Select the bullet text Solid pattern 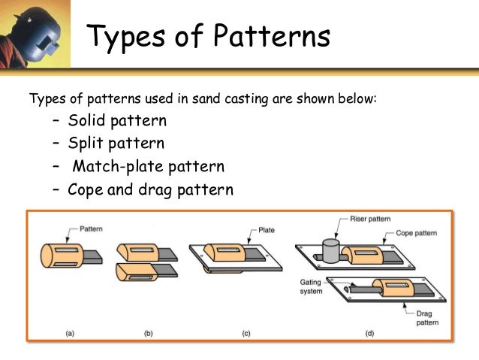117,120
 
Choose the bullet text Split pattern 116,143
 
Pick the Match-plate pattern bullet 148,166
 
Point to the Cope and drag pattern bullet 150,189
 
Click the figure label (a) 69,331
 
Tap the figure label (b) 147,331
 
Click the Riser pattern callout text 370,219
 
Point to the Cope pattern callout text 415,234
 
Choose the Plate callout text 267,230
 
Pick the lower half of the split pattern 136,271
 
